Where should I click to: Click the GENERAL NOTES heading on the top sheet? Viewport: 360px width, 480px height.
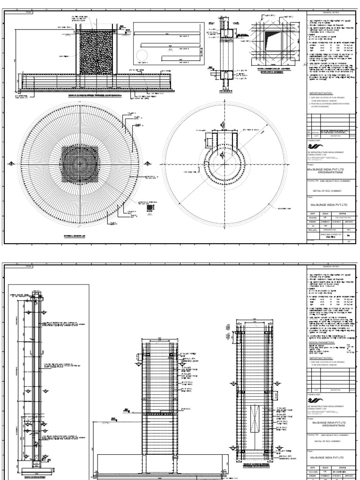(331, 15)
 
